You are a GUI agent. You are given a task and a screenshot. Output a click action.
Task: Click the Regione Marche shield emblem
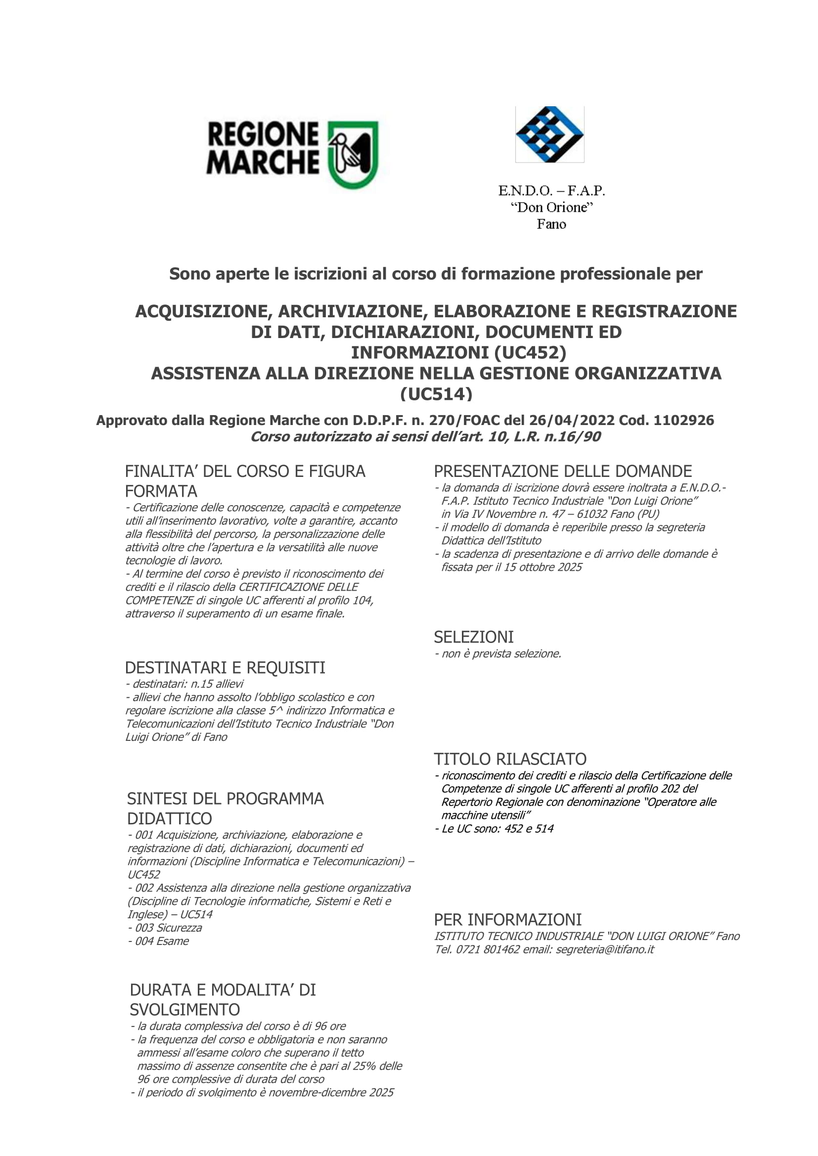353,155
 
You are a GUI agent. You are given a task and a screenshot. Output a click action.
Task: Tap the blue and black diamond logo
549,134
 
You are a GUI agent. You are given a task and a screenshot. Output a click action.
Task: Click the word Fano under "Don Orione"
551,224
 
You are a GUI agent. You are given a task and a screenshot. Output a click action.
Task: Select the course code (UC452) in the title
530,352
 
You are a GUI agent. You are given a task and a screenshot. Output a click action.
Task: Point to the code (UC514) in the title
436,394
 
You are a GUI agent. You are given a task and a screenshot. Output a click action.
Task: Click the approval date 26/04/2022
571,420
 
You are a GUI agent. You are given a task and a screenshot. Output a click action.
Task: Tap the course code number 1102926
683,420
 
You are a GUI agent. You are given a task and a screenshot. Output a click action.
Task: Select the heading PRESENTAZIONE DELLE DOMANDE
563,471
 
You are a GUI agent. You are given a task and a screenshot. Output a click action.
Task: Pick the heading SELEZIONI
473,637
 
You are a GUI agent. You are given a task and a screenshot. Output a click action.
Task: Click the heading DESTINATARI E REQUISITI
225,668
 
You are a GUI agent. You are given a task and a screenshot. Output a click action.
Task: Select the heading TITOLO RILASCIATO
510,759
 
